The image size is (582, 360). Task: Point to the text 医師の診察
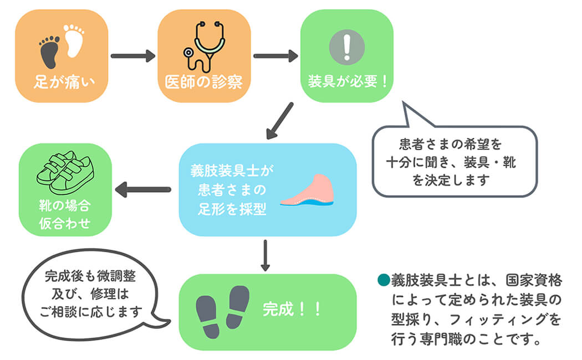point(203,82)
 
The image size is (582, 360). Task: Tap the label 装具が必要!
point(348,82)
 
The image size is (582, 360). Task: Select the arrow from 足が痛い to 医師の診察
point(133,55)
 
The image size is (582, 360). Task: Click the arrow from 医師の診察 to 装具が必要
point(275,55)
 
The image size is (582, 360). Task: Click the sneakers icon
point(65,168)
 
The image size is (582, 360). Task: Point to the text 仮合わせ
point(65,224)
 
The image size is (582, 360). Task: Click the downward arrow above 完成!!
point(266,255)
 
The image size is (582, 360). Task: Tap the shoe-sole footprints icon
point(222,311)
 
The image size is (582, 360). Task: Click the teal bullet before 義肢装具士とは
point(382,279)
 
